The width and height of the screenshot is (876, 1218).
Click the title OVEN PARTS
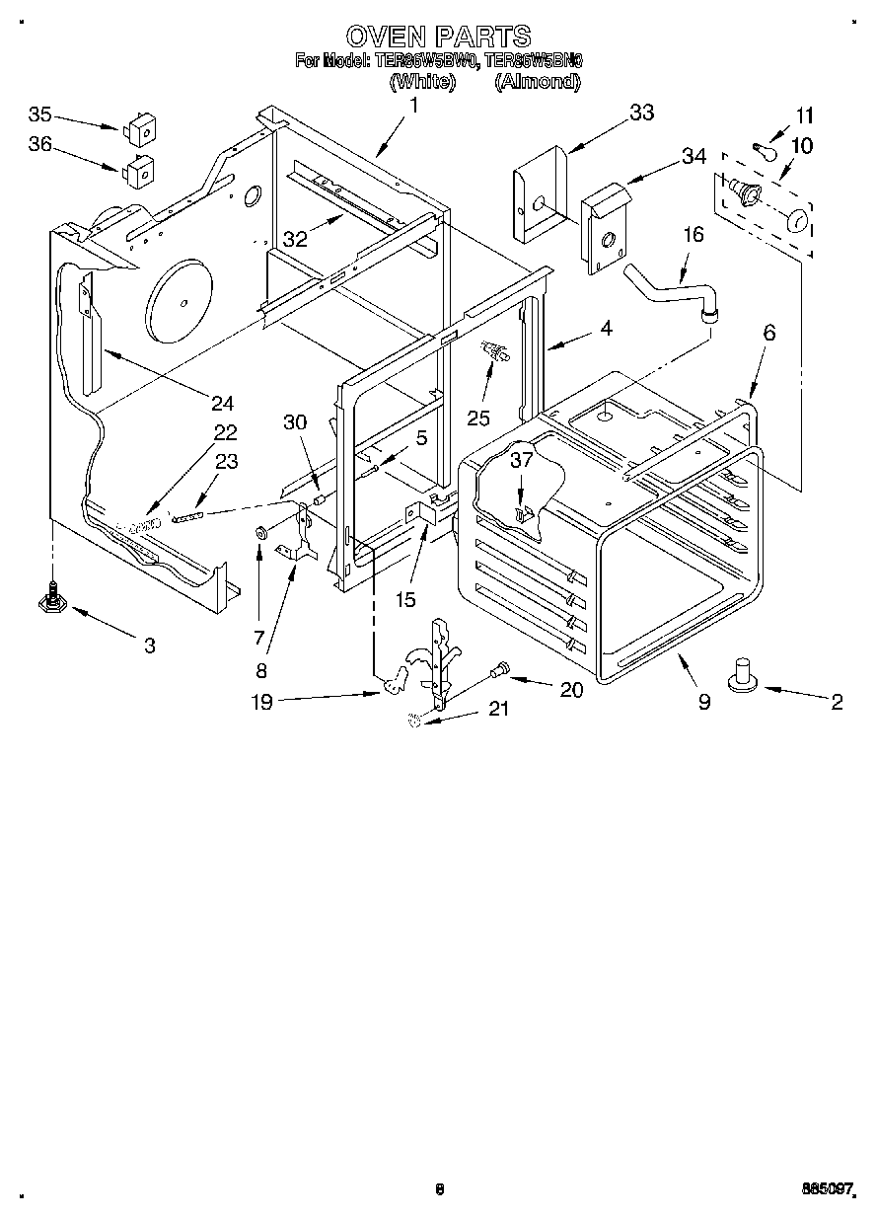point(439,38)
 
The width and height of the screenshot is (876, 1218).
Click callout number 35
point(40,112)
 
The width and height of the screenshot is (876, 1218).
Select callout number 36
point(40,144)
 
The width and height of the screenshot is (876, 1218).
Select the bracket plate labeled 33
point(539,194)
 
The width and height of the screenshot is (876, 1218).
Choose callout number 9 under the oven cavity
point(703,702)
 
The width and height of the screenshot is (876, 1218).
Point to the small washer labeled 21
point(415,722)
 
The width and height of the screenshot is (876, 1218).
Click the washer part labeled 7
point(261,534)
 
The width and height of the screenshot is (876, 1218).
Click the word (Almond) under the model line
point(537,83)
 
